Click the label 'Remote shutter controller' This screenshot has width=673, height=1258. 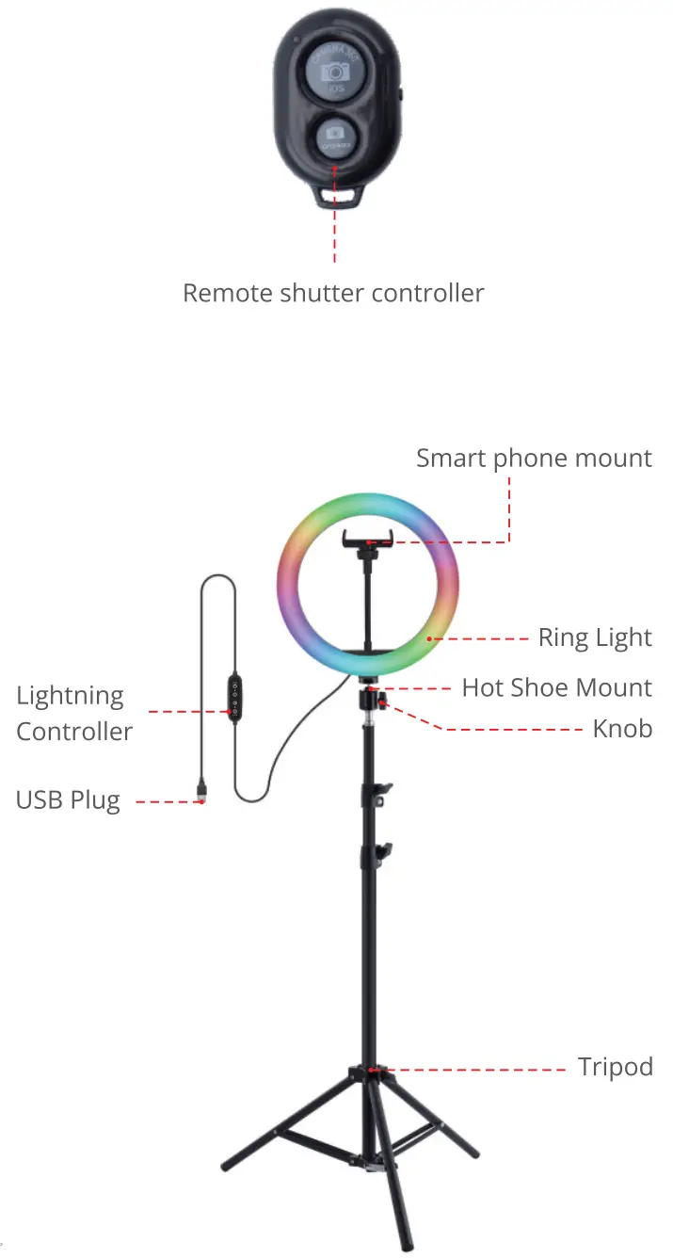(x=333, y=293)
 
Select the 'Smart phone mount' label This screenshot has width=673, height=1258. (x=534, y=459)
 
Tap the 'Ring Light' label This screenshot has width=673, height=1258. (x=595, y=637)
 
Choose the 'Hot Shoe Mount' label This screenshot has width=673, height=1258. (x=556, y=687)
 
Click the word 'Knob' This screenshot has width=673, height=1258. (x=622, y=728)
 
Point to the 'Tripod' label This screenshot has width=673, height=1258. (x=615, y=1067)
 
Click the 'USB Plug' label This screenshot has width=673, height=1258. (x=68, y=800)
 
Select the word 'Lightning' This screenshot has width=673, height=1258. (x=70, y=696)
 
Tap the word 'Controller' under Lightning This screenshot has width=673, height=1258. (x=74, y=732)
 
